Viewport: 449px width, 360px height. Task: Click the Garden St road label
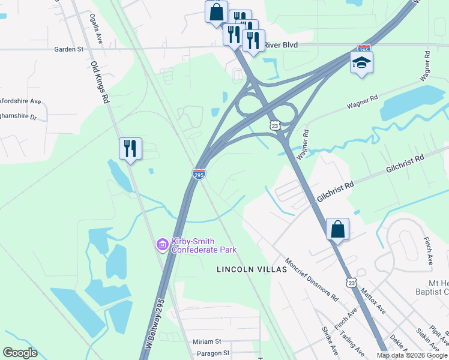[x=68, y=49]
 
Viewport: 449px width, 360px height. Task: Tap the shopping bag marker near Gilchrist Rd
[x=337, y=229]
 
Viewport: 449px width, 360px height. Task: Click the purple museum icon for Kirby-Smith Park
[x=161, y=245]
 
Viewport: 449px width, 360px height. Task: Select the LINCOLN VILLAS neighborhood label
[x=252, y=270]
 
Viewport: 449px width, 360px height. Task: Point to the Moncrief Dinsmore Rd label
[x=312, y=280]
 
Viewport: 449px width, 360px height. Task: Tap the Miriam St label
[x=207, y=341]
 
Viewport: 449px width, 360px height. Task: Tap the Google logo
[x=20, y=353]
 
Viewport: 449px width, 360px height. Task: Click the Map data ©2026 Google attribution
[x=411, y=355]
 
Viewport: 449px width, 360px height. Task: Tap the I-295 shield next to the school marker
[x=364, y=47]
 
